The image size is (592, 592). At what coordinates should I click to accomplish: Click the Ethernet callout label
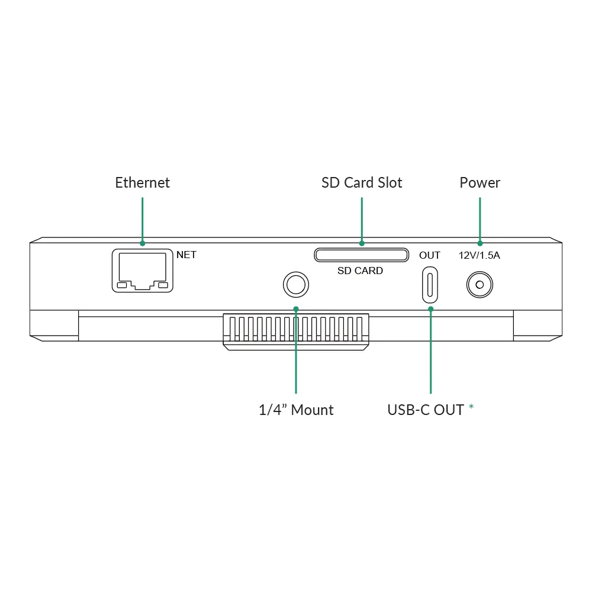(x=142, y=183)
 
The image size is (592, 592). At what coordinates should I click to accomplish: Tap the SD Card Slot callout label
(x=362, y=183)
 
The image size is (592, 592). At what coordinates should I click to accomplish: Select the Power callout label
(x=480, y=183)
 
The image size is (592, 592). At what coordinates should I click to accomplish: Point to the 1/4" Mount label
(x=296, y=410)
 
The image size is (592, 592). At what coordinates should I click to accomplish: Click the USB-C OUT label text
(x=426, y=410)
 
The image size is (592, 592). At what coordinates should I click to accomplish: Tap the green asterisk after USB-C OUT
(x=471, y=407)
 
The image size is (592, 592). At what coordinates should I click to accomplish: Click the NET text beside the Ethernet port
(x=186, y=255)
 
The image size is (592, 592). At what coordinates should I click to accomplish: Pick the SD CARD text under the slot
(x=360, y=271)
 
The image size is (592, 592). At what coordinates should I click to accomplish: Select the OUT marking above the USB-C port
(x=430, y=256)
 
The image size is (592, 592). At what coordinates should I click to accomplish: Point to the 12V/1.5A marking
(x=479, y=256)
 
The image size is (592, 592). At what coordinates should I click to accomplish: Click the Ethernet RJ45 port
(x=142, y=271)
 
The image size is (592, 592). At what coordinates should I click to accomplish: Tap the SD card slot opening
(x=361, y=255)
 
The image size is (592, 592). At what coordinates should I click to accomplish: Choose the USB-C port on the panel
(x=430, y=285)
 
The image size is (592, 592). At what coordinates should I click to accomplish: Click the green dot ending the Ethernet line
(x=142, y=243)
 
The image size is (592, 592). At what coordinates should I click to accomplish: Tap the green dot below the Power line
(x=480, y=243)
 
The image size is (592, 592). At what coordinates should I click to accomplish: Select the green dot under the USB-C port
(x=431, y=309)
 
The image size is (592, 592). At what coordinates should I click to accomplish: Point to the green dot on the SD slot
(x=362, y=243)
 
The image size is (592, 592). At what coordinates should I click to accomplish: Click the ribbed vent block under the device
(x=296, y=332)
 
